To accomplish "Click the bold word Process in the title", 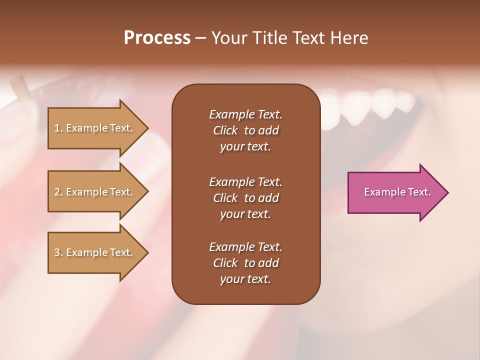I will click(157, 38).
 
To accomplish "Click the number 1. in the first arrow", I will click(58, 128).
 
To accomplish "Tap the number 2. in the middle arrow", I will click(58, 192).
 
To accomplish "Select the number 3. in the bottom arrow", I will click(58, 252).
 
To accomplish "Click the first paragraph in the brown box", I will click(245, 130).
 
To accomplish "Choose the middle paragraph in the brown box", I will click(245, 198).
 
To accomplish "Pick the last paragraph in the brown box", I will click(245, 263).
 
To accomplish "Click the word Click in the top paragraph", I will click(225, 130).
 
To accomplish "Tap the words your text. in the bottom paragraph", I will click(245, 279).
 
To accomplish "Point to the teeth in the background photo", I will click(370, 105).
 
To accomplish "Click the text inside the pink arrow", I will click(397, 192).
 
